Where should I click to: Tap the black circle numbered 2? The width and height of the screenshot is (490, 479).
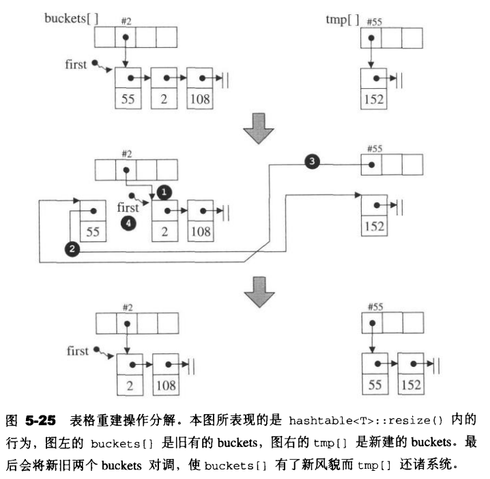[73, 249]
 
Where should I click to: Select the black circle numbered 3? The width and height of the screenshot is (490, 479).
[313, 162]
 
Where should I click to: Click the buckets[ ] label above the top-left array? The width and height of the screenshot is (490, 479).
[72, 18]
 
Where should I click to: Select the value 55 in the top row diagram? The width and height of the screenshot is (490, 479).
[128, 99]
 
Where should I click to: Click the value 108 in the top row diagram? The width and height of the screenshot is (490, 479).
[199, 99]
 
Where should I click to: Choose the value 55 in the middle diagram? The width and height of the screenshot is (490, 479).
[93, 232]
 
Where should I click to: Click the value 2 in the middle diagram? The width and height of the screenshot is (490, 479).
[164, 232]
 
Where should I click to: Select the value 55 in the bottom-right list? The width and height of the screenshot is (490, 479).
[374, 385]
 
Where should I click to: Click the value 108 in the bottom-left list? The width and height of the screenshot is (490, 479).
[166, 385]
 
